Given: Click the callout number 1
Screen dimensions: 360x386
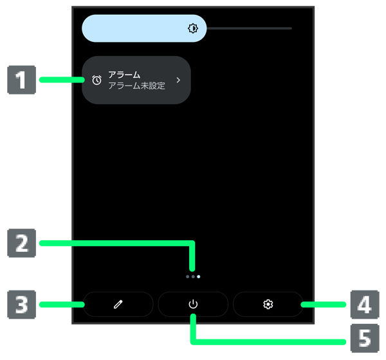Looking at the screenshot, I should click(x=21, y=81).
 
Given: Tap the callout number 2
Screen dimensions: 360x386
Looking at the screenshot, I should click(x=21, y=243).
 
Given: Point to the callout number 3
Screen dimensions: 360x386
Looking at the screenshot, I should click(x=21, y=303).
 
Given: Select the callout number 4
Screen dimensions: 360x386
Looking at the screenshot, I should click(x=364, y=303).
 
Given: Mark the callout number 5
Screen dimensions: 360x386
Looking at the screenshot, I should click(x=364, y=336).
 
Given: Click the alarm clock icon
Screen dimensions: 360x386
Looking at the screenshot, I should click(x=96, y=81).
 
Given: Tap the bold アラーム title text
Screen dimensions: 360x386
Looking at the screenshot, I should click(x=124, y=75).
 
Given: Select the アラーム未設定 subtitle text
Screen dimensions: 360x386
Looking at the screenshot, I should click(x=136, y=86).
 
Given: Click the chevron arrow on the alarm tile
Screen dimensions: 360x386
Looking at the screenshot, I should click(x=178, y=81).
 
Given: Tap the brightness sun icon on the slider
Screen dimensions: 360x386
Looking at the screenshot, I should click(x=193, y=28).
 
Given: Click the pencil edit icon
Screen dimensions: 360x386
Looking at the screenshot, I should click(x=118, y=304).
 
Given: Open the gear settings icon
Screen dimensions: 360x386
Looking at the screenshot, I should click(x=268, y=304).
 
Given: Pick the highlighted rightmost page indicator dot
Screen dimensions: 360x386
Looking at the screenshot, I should click(x=199, y=276).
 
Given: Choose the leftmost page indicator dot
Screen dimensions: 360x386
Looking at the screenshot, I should click(x=187, y=276).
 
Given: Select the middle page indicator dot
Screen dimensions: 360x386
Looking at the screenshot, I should click(x=193, y=276).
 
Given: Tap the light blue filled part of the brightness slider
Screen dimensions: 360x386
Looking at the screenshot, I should click(x=135, y=28).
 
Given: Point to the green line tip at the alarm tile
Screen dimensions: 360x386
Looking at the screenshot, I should click(x=84, y=80).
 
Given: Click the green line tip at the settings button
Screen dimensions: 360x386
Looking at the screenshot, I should click(x=302, y=303).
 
